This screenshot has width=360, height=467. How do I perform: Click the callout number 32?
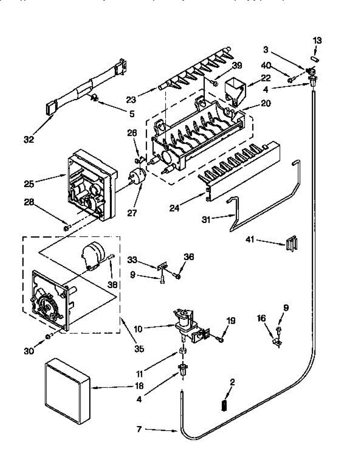point(29,139)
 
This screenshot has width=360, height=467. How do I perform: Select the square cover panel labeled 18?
point(66,390)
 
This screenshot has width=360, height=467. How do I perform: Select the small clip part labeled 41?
point(292,244)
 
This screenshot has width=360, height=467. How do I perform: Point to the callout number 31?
point(206,220)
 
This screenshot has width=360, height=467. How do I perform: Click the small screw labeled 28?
point(67,227)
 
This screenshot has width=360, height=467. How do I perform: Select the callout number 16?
point(261,319)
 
